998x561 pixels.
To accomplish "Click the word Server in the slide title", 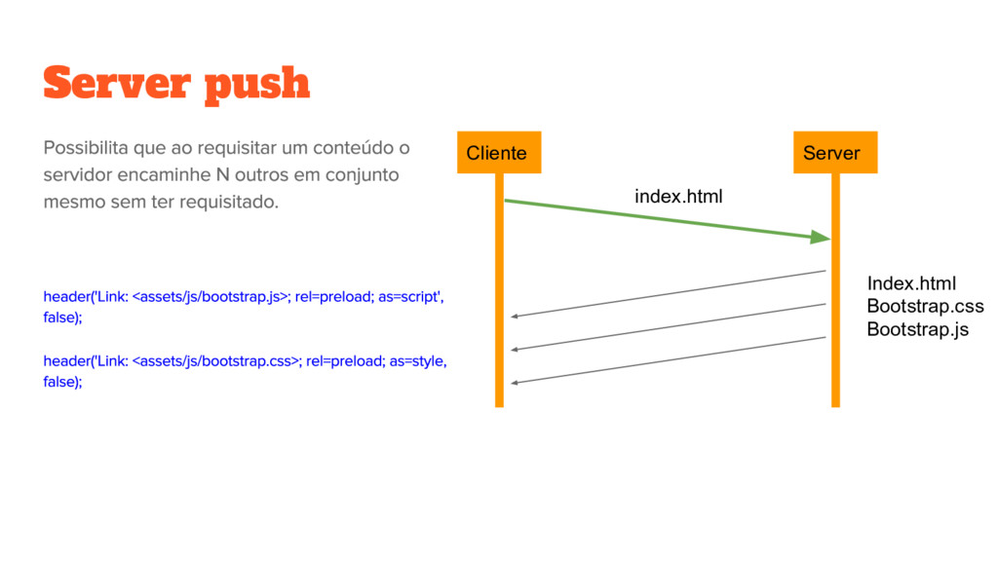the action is pos(116,84).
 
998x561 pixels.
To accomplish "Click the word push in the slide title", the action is pos(256,86).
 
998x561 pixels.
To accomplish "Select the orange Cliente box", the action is pos(497,153).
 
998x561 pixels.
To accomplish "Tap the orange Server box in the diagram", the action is pos(832,153).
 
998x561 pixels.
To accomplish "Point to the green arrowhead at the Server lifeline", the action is pos(820,238).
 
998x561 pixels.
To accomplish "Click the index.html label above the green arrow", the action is pos(678,197).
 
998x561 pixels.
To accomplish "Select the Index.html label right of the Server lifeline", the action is pos(911,283).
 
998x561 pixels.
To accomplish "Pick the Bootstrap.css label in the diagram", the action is pos(925,307).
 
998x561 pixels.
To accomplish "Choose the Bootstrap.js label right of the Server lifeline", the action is pos(917,329).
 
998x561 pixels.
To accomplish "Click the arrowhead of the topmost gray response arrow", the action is pos(515,317).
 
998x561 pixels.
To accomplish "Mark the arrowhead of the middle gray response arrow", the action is pos(515,350).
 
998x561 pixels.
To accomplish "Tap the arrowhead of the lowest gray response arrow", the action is pos(515,383).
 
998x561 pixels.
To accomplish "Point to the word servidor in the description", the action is pos(77,175).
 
